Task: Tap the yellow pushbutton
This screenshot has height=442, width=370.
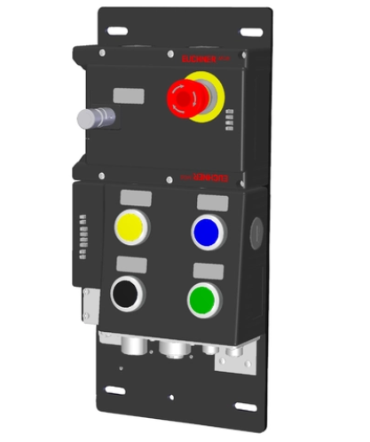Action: pyautogui.click(x=132, y=229)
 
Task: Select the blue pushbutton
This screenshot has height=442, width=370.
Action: pyautogui.click(x=207, y=231)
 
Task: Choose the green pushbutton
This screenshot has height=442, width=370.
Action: pyautogui.click(x=204, y=298)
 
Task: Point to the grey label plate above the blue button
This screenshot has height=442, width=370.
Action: pyautogui.click(x=209, y=200)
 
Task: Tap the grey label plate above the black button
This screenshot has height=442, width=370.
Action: pyautogui.click(x=132, y=264)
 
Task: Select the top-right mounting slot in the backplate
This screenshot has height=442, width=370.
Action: pyautogui.click(x=251, y=33)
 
